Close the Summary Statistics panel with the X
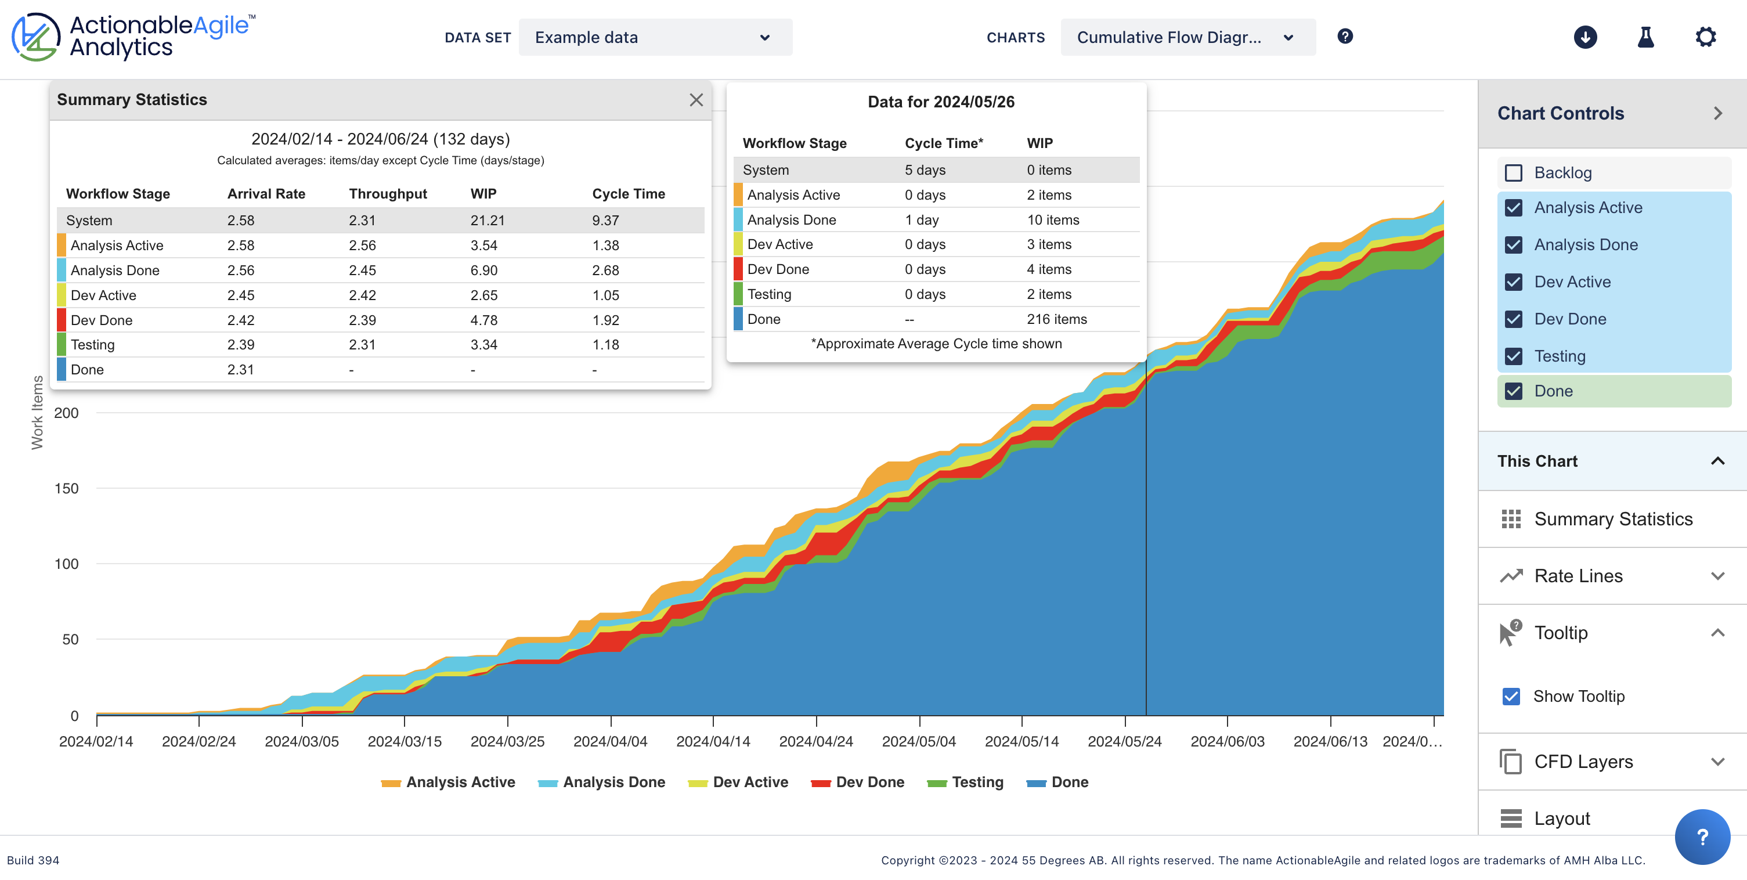coord(696,100)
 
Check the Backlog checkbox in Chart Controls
coord(1514,173)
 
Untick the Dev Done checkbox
coord(1514,319)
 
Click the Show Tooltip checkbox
coord(1511,696)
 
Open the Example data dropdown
coord(655,37)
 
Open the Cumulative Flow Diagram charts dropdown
coord(1187,37)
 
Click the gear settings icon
coord(1706,37)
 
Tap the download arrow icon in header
coord(1585,37)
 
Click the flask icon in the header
coord(1645,37)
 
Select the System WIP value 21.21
coord(487,221)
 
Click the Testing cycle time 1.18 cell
coord(605,345)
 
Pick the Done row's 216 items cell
coord(1056,319)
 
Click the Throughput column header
coord(387,194)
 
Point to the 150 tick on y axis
coord(67,489)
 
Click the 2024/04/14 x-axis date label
coord(713,741)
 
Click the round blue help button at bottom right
coord(1702,836)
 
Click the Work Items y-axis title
coord(37,413)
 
